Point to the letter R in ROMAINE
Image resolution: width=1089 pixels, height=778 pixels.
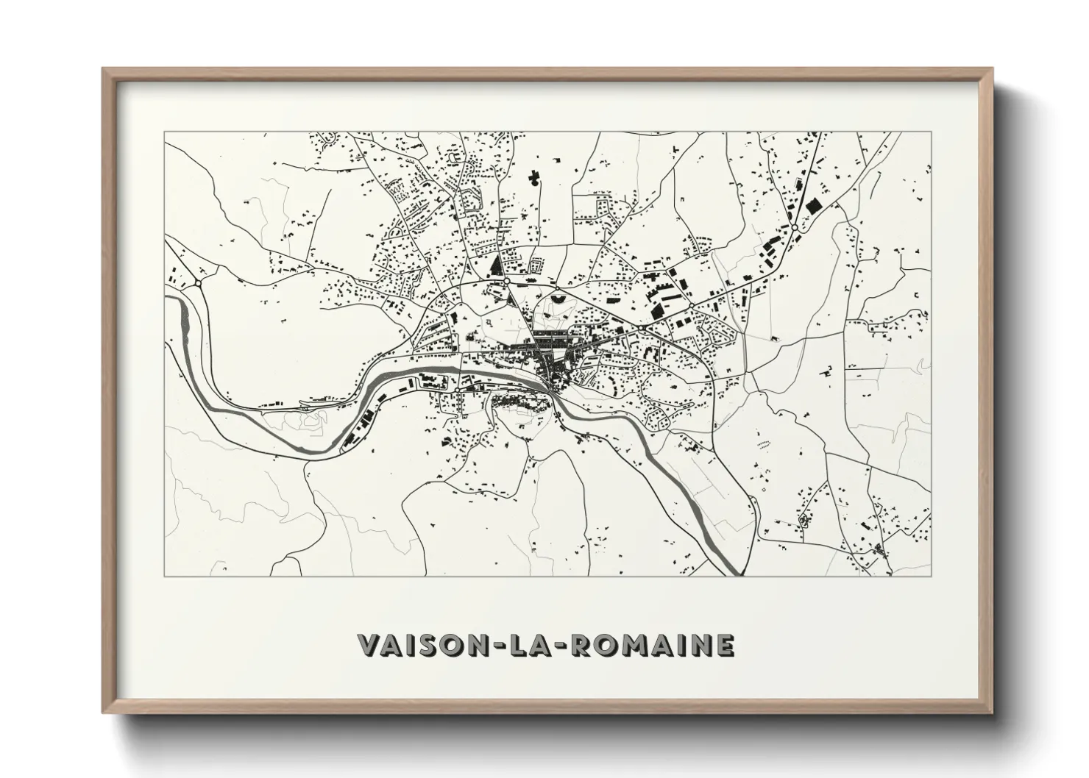point(581,645)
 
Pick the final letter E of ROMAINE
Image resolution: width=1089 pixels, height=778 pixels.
point(723,645)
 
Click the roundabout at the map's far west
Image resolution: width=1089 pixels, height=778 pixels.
point(198,282)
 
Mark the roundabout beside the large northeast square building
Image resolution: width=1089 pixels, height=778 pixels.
point(795,229)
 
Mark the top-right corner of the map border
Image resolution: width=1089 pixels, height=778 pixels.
point(932,132)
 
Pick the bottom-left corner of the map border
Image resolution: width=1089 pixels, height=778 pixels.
point(164,576)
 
